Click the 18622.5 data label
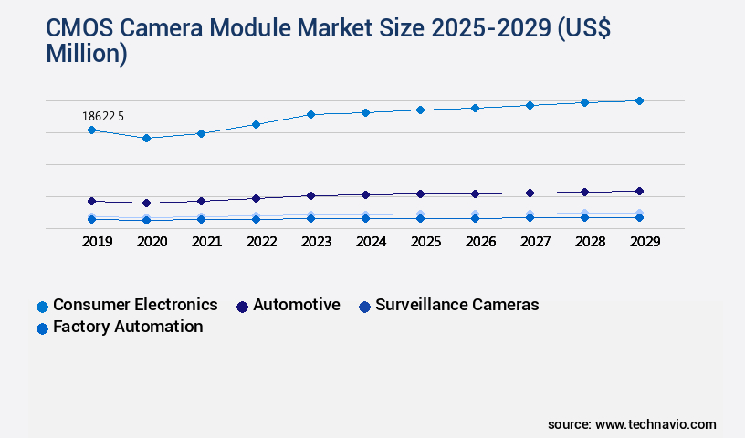(102, 116)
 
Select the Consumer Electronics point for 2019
(91, 130)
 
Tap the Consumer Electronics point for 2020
(146, 138)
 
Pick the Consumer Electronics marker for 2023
(310, 114)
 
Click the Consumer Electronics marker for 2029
(639, 100)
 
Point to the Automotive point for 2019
(91, 201)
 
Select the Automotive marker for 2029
(639, 191)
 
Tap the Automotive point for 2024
(365, 194)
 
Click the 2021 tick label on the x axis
(206, 242)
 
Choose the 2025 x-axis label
(425, 242)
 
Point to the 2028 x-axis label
(590, 242)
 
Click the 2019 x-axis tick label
(97, 242)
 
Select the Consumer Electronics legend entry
(134, 305)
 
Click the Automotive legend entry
(296, 305)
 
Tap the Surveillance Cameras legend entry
(456, 305)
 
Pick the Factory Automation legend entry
(127, 327)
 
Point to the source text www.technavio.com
(656, 424)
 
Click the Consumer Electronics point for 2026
(475, 108)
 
